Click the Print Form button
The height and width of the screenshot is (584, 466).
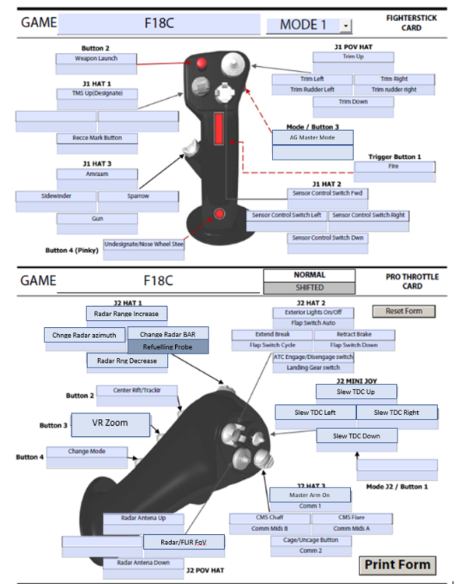click(x=397, y=565)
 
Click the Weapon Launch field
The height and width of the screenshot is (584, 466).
click(x=96, y=58)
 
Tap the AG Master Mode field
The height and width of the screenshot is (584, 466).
click(x=312, y=136)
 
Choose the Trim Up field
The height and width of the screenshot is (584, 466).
click(x=353, y=57)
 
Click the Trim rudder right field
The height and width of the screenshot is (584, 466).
click(x=394, y=90)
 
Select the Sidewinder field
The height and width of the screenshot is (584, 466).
click(x=56, y=196)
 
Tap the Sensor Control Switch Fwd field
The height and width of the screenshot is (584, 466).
click(x=327, y=192)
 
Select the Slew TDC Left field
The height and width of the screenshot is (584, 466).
click(x=315, y=412)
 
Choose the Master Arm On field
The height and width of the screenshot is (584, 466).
click(x=310, y=494)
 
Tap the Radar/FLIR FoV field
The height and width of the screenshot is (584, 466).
click(x=182, y=542)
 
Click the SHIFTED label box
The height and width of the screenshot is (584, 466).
click(x=309, y=287)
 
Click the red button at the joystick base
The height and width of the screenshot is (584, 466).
click(x=221, y=214)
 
